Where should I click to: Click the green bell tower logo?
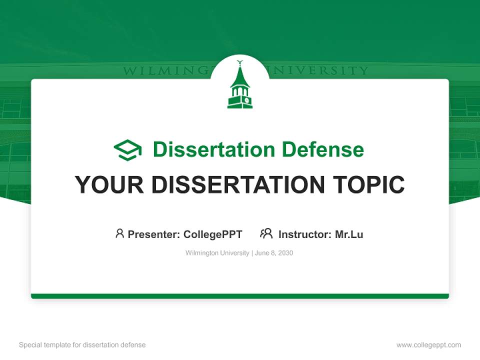tap(240, 88)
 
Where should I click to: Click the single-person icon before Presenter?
tap(119, 233)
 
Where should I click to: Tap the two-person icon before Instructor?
tap(266, 233)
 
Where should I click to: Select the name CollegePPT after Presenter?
tap(212, 234)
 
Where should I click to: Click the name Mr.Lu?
tap(349, 234)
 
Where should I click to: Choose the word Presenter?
tap(154, 234)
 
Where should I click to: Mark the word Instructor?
tap(305, 234)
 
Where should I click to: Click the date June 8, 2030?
tap(274, 253)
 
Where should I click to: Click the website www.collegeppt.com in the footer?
tap(428, 345)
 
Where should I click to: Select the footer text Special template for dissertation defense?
tap(82, 345)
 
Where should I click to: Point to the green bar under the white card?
tap(240, 296)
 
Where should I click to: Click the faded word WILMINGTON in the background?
tap(165, 71)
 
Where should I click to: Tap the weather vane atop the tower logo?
tap(239, 63)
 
